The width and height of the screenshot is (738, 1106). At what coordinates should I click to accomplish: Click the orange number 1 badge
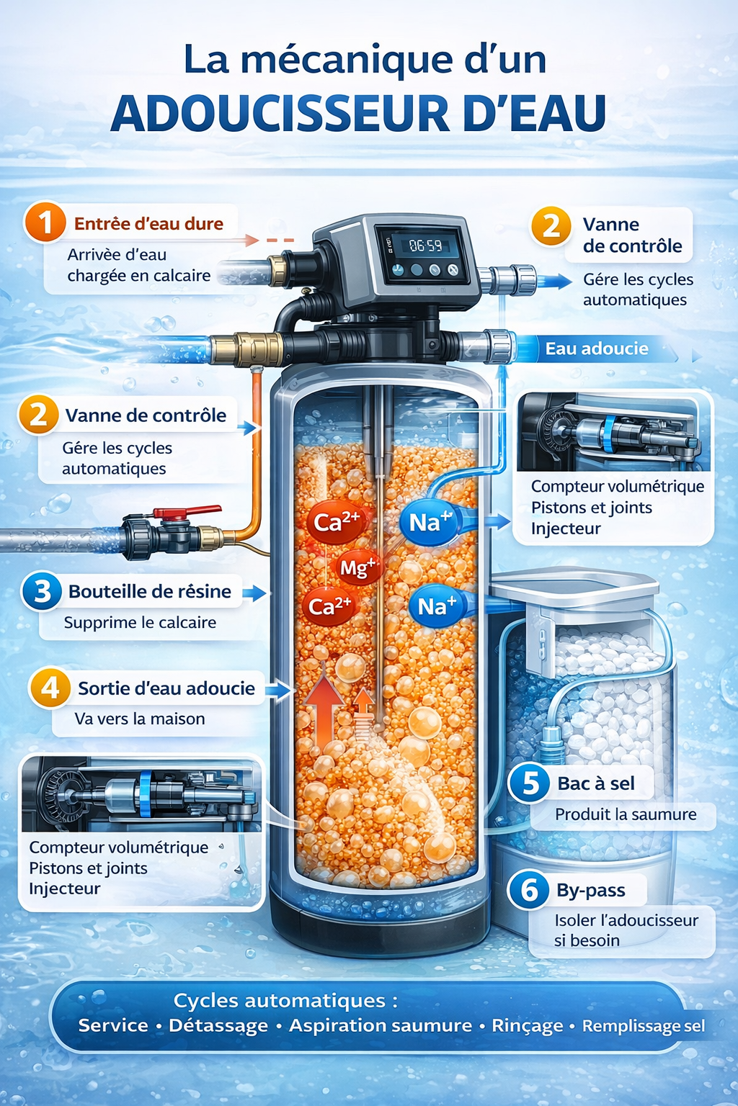(x=45, y=222)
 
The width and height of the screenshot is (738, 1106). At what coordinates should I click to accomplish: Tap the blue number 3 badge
(x=42, y=591)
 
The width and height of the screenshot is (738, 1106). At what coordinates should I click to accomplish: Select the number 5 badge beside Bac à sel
(x=530, y=783)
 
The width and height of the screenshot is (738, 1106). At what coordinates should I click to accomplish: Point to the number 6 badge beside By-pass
(x=528, y=890)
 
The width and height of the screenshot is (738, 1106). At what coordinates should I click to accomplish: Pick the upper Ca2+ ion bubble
(x=336, y=522)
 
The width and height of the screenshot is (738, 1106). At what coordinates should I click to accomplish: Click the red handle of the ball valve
(x=188, y=511)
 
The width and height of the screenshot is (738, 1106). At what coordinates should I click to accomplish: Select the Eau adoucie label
(x=597, y=349)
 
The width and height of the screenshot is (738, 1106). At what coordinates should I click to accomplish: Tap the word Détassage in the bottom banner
(x=218, y=1025)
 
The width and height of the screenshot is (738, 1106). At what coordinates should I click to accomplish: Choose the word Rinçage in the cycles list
(x=528, y=1026)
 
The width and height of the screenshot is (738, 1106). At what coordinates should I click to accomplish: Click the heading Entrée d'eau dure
(x=148, y=224)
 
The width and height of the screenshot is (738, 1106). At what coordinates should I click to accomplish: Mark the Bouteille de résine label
(x=150, y=591)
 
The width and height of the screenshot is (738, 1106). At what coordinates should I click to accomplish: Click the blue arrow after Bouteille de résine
(x=254, y=593)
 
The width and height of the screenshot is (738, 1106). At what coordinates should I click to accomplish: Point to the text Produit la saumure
(x=626, y=814)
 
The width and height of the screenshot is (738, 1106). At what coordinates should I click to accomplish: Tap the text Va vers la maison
(x=140, y=719)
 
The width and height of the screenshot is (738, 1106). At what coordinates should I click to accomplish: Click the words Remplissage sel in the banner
(x=644, y=1026)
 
